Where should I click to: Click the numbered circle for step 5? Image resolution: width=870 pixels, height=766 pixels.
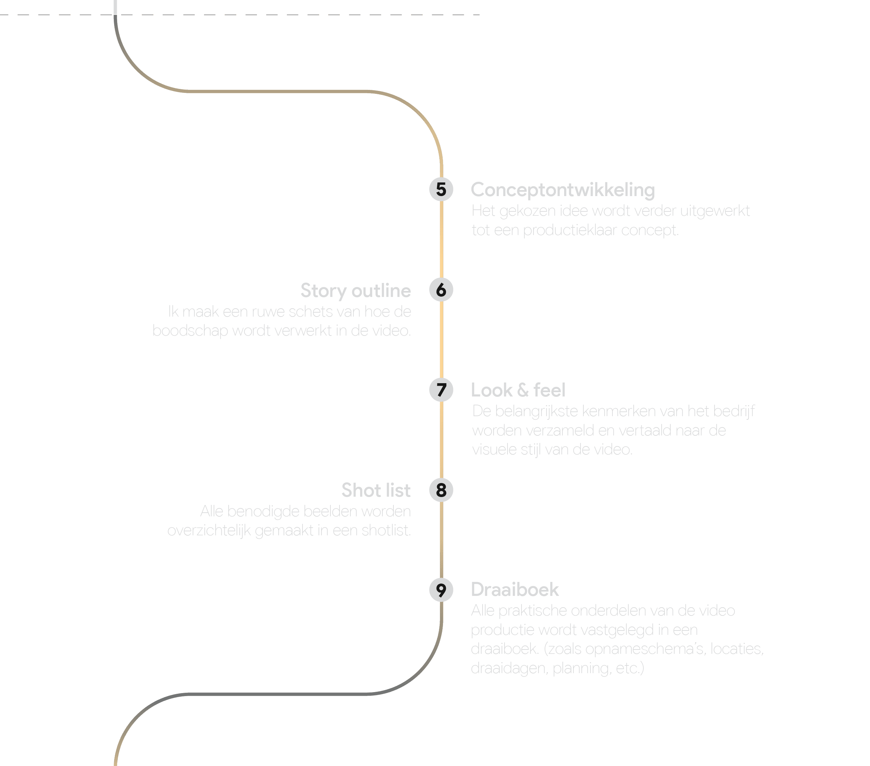coord(441,189)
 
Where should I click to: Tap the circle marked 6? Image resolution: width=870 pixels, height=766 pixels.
coord(441,290)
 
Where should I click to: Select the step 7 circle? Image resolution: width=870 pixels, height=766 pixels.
coord(441,390)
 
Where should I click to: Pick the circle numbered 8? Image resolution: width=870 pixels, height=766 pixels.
coord(441,490)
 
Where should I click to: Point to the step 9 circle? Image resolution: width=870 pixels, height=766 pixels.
coord(441,590)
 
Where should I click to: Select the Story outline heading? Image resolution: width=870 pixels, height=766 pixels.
coord(356,291)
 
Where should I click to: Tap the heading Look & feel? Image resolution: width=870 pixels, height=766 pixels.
coord(518,390)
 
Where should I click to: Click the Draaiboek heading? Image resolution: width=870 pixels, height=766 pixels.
coord(515,590)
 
